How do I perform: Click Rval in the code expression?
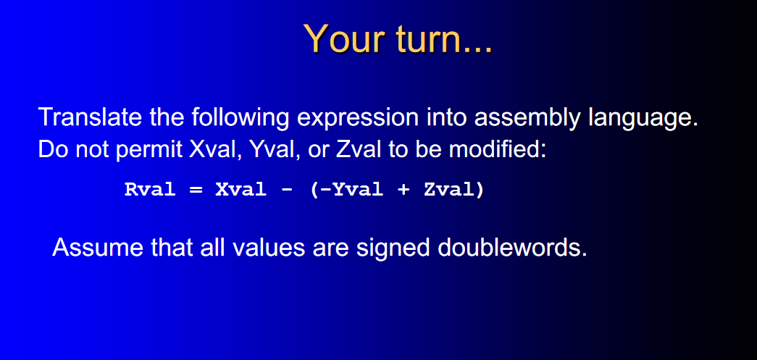point(150,191)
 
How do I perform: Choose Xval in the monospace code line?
point(239,191)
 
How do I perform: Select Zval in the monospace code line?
point(449,191)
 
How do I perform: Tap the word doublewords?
point(512,248)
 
